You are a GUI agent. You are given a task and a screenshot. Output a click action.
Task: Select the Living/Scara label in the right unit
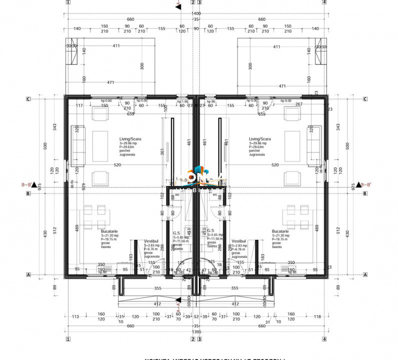pos(259,139)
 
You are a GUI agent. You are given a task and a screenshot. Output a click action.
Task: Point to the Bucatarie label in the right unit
pos(280,231)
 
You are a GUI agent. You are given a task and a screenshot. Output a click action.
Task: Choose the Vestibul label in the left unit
pos(151,241)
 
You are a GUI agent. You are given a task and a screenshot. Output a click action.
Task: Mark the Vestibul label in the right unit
pos(239,241)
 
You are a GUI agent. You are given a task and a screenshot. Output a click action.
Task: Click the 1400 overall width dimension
pos(195,13)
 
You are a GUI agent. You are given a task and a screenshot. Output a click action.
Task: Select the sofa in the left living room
pos(78,146)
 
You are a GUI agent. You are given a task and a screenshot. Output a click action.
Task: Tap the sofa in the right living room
pos(314,146)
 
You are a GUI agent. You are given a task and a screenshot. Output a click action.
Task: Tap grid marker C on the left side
pos(28,99)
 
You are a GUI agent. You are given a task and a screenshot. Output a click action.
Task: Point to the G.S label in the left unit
pos(176,232)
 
